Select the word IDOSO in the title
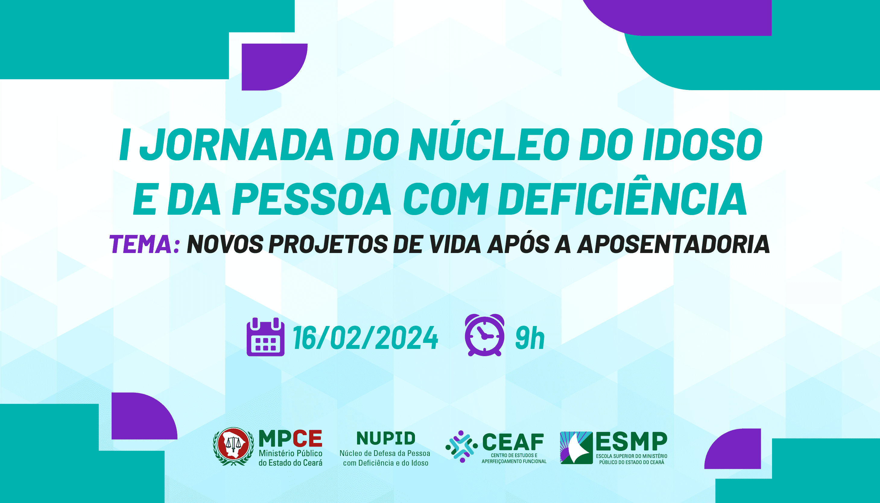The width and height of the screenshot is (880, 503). click(702, 144)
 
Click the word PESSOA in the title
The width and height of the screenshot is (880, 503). click(312, 199)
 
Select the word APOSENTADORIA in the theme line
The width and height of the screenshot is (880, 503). click(673, 244)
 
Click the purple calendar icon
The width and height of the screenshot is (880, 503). click(265, 337)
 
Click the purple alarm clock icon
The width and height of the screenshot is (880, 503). click(485, 335)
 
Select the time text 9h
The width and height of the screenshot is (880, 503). click(530, 338)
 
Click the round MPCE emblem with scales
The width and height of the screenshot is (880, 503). click(233, 446)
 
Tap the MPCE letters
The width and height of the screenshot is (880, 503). click(290, 439)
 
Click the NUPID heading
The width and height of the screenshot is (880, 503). click(386, 438)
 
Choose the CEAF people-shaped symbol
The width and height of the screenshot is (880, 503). click(461, 446)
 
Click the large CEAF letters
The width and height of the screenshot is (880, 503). click(513, 442)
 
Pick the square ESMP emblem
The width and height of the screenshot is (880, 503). click(576, 448)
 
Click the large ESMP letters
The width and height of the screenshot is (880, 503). click(631, 441)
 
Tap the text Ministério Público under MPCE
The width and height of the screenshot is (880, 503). click(290, 453)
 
